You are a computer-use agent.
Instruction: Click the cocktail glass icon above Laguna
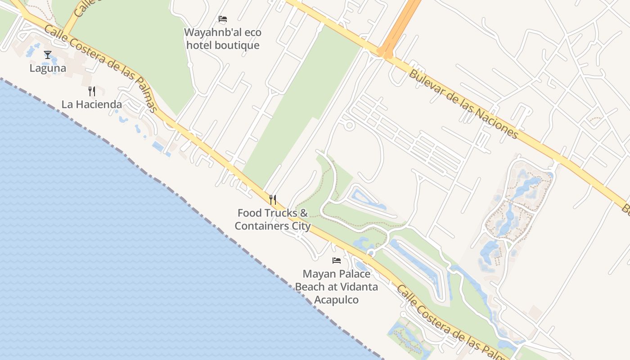pyautogui.click(x=48, y=55)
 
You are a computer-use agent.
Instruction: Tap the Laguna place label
pyautogui.click(x=48, y=68)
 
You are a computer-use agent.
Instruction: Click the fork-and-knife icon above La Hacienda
pyautogui.click(x=92, y=91)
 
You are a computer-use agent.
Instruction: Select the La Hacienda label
pyautogui.click(x=92, y=104)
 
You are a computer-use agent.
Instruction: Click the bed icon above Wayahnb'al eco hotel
pyautogui.click(x=223, y=19)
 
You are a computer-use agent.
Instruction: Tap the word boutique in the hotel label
pyautogui.click(x=237, y=45)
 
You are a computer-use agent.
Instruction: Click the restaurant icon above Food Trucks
pyautogui.click(x=273, y=199)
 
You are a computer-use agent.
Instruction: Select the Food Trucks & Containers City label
pyautogui.click(x=273, y=219)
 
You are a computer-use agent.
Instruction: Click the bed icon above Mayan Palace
pyautogui.click(x=336, y=260)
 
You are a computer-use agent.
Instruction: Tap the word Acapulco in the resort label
pyautogui.click(x=336, y=300)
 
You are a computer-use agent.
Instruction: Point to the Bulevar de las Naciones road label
pyautogui.click(x=463, y=103)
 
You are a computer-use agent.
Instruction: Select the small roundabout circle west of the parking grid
pyautogui.click(x=349, y=125)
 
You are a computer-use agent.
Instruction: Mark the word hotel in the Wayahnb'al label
pyautogui.click(x=199, y=45)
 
